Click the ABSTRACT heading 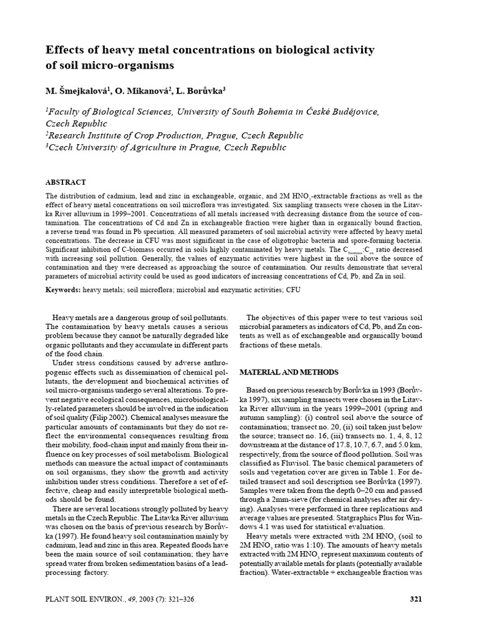[x=65, y=182]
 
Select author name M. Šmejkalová [x=77, y=91]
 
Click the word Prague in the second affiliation [x=205, y=135]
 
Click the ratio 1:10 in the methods [x=326, y=553]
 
